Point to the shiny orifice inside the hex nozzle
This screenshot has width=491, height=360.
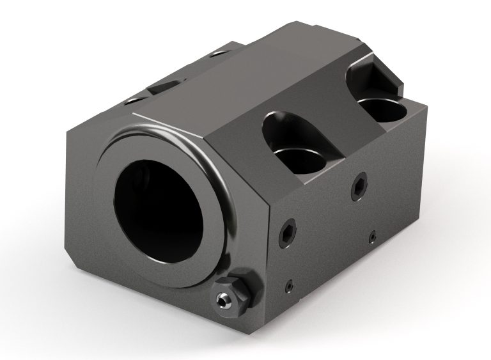[x=222, y=299]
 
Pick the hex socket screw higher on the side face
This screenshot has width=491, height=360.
[x=359, y=185]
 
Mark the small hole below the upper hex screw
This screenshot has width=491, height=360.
[x=371, y=238]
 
